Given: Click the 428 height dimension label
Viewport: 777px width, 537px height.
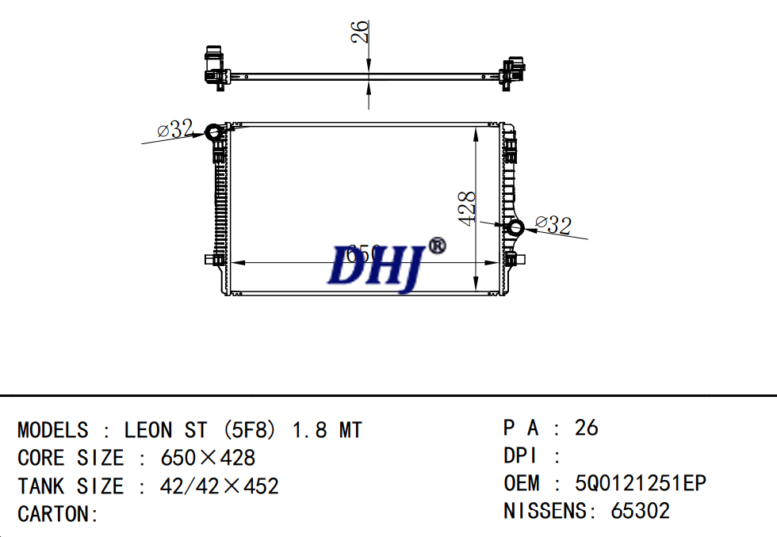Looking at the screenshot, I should pyautogui.click(x=468, y=208).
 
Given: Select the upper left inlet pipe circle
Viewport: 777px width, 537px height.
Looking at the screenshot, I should pyautogui.click(x=214, y=132).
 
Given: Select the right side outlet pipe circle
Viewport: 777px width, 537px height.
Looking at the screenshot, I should pyautogui.click(x=515, y=228).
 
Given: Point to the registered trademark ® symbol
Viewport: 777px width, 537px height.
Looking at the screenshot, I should pyautogui.click(x=437, y=246).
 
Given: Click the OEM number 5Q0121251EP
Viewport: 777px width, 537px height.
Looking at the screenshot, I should pyautogui.click(x=640, y=483).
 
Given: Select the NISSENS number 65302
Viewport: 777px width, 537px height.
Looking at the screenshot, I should pyautogui.click(x=640, y=511).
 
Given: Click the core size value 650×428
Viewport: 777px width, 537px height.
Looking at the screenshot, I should pyautogui.click(x=208, y=458).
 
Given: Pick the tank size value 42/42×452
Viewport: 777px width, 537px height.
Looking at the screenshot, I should pyautogui.click(x=220, y=486).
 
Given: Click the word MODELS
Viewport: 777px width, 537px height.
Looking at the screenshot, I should pyautogui.click(x=53, y=430).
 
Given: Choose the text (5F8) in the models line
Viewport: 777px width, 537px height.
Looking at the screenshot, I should pyautogui.click(x=249, y=430).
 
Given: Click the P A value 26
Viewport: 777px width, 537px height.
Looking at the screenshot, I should pyautogui.click(x=586, y=428).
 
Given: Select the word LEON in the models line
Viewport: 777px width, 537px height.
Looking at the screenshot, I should pyautogui.click(x=147, y=430).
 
